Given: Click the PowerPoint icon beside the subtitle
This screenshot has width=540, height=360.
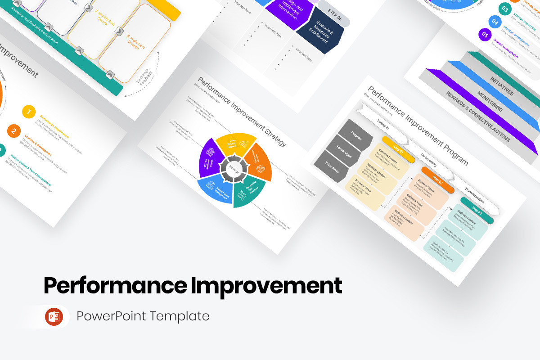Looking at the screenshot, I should (x=54, y=316).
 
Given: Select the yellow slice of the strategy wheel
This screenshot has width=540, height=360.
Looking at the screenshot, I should (x=233, y=144).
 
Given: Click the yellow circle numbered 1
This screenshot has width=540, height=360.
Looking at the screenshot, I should (x=29, y=112).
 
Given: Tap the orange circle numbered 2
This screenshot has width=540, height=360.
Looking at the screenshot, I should (x=14, y=131).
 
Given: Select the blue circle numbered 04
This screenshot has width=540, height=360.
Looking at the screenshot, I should (x=495, y=22).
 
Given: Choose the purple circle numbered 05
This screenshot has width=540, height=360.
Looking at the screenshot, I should (x=485, y=34).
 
